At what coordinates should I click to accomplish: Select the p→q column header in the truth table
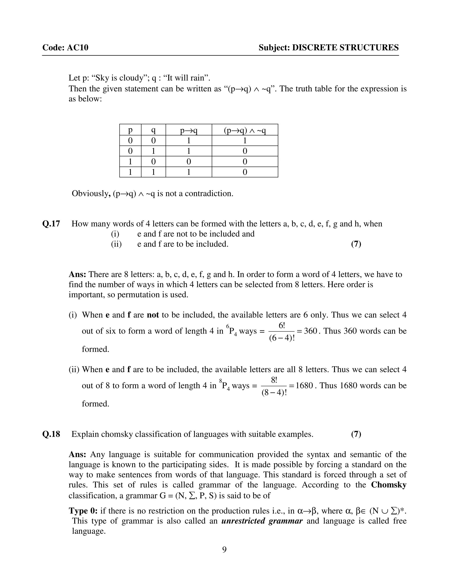click(x=189, y=130)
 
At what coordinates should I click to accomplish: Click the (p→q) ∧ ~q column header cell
click(x=245, y=130)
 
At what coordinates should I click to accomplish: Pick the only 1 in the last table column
click(x=245, y=141)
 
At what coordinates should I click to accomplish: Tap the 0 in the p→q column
click(x=189, y=162)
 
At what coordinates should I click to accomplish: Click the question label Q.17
click(x=51, y=224)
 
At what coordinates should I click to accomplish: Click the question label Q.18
click(x=51, y=434)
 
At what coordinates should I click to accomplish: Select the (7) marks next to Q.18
click(x=356, y=434)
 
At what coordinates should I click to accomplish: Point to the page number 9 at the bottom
click(x=224, y=549)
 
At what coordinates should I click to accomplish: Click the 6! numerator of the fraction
click(x=282, y=326)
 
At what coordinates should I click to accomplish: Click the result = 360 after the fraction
click(x=307, y=331)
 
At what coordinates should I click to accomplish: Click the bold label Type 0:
click(x=83, y=511)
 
